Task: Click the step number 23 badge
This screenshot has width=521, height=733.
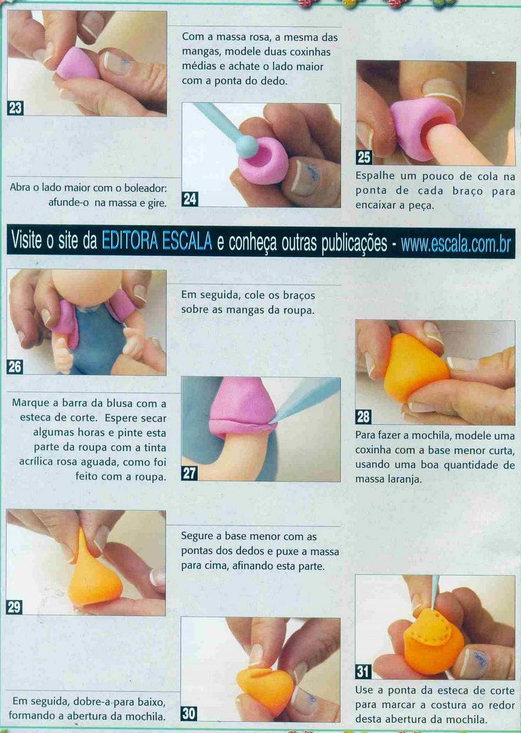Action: coord(15,107)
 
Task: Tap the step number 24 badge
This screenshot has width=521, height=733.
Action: coord(190,199)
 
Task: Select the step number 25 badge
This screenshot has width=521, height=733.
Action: coord(364,158)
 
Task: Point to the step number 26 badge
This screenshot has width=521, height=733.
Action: coord(15,367)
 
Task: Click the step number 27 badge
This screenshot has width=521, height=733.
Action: coord(189,473)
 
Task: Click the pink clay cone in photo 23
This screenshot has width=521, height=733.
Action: coord(77,64)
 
